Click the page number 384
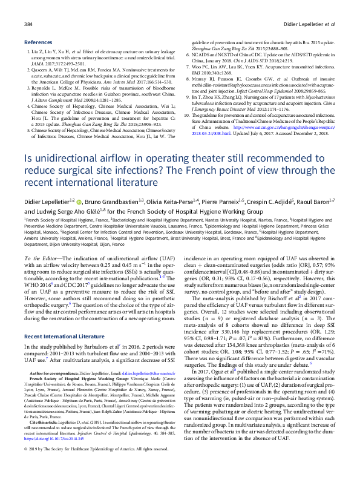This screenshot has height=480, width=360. coord(27,24)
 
